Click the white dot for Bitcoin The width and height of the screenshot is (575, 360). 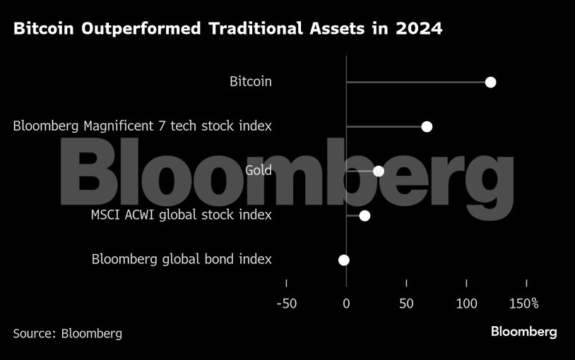pyautogui.click(x=491, y=83)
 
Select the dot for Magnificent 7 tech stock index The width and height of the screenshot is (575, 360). pyautogui.click(x=427, y=126)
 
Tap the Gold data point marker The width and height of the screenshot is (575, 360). pyautogui.click(x=379, y=171)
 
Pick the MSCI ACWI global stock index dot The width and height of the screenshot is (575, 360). pyautogui.click(x=364, y=215)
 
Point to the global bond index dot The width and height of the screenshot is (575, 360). pyautogui.click(x=344, y=260)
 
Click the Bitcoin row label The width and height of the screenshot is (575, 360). pyautogui.click(x=250, y=82)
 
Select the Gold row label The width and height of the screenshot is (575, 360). pyautogui.click(x=258, y=170)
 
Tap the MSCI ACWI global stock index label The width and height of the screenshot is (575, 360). pyautogui.click(x=181, y=215)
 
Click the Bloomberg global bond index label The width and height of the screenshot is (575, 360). pyautogui.click(x=182, y=259)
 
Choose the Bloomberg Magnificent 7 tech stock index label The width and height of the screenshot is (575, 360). pyautogui.click(x=143, y=126)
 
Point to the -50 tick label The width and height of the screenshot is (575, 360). pyautogui.click(x=286, y=304)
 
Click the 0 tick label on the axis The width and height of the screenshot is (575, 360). pyautogui.click(x=346, y=304)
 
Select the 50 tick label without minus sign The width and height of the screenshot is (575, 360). pyautogui.click(x=406, y=304)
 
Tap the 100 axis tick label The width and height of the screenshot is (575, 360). pyautogui.click(x=466, y=304)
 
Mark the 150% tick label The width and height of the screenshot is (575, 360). pyautogui.click(x=524, y=304)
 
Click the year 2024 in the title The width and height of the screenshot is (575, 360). pyautogui.click(x=419, y=30)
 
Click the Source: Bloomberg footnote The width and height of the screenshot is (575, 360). pyautogui.click(x=67, y=333)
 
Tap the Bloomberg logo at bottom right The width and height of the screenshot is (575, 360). pyautogui.click(x=523, y=332)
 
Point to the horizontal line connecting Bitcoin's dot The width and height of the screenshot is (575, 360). pyautogui.click(x=417, y=83)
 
